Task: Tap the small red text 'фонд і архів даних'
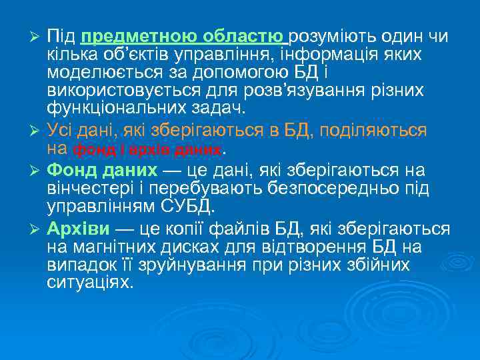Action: [146, 149]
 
